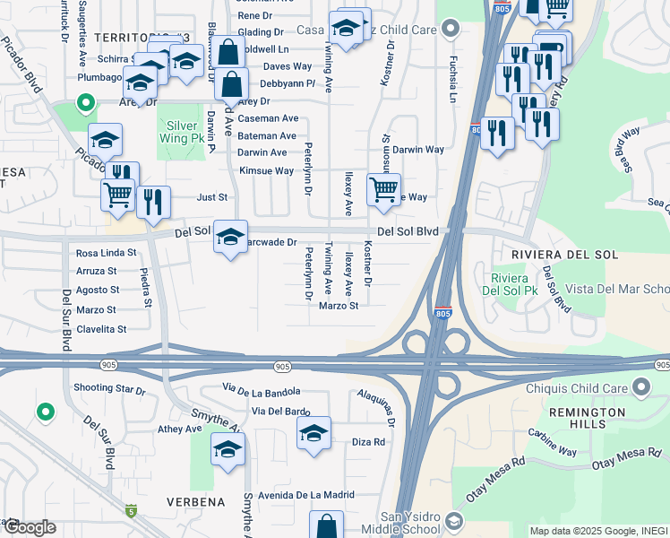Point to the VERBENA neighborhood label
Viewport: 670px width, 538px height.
click(x=194, y=502)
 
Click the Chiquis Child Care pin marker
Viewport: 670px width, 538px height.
click(x=640, y=386)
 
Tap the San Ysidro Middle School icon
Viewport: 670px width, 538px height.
click(x=455, y=522)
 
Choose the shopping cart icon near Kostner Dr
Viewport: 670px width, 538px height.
click(x=383, y=190)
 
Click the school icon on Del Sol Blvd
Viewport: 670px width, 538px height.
click(x=230, y=237)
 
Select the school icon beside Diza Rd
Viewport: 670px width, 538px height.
click(x=314, y=433)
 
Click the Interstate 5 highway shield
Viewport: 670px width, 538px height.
click(x=132, y=511)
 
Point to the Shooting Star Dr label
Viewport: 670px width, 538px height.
click(x=109, y=389)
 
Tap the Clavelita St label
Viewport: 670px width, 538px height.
click(x=101, y=329)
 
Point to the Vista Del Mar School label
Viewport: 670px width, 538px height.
click(x=618, y=290)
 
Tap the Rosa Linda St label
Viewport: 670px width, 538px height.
click(x=107, y=254)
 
